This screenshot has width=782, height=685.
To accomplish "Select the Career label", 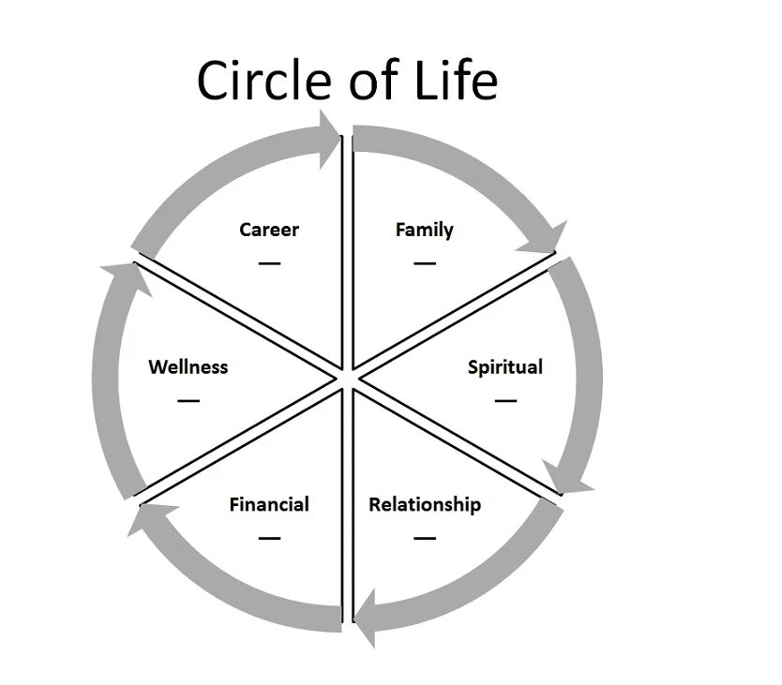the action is coord(269,230).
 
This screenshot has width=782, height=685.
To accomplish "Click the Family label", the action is coord(425,230).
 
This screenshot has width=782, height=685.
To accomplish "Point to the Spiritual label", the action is coord(505,366).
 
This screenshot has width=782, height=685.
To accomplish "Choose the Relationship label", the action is coord(425,504).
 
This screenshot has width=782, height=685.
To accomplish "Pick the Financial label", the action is coord(269,504).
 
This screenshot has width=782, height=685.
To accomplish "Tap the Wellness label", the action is coord(188,366).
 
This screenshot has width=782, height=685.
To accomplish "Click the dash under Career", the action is coord(270,263).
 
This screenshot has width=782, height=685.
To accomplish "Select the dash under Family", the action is coord(425,263).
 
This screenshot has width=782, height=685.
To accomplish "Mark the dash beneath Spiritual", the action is coord(506,400).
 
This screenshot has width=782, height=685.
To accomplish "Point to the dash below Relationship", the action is coord(425,538).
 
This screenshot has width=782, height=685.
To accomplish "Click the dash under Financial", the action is coord(269,538).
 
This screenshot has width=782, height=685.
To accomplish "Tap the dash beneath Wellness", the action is coord(188,400).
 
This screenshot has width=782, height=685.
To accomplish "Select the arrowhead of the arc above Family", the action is coord(548,238).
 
